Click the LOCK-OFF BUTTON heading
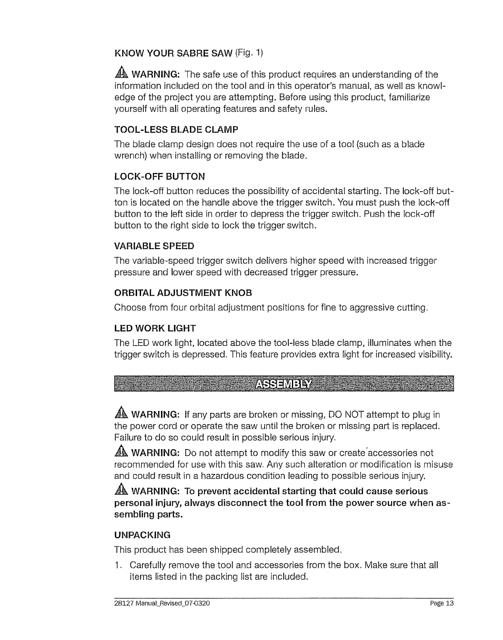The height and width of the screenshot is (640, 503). click(x=160, y=177)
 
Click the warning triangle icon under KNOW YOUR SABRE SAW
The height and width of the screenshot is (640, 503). click(x=122, y=74)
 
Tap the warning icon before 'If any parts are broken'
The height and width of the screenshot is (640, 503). click(x=122, y=415)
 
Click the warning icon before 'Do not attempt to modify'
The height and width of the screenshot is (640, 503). click(x=122, y=452)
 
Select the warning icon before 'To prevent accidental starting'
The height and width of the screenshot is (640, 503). click(x=122, y=491)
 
